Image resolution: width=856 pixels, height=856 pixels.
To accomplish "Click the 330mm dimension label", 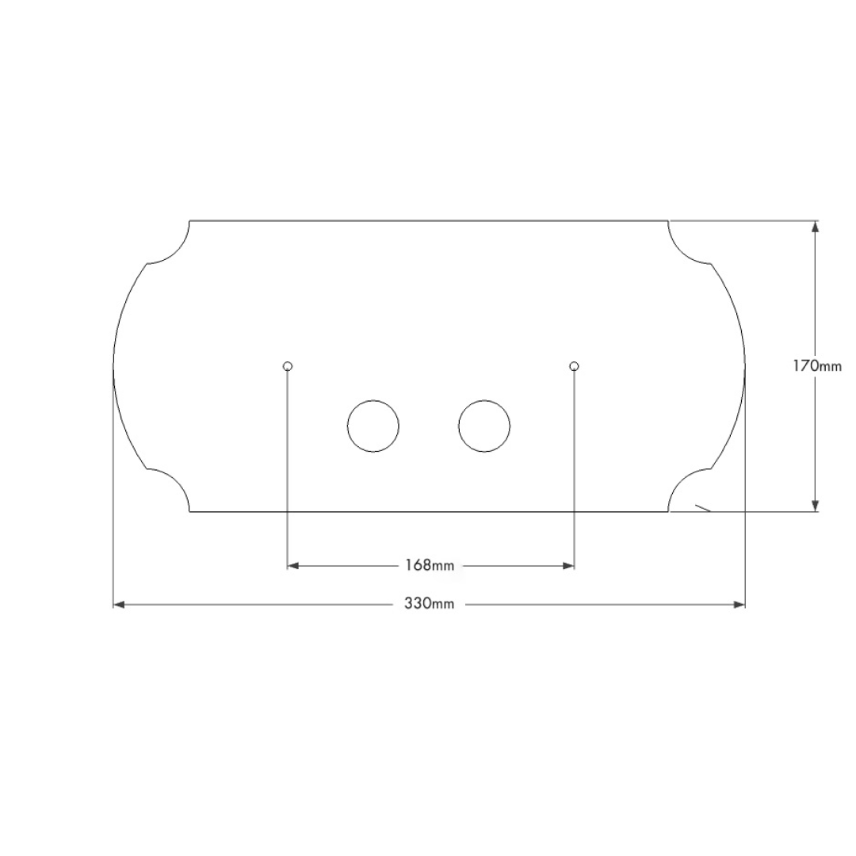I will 430,604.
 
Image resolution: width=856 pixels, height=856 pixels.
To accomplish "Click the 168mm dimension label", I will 430,565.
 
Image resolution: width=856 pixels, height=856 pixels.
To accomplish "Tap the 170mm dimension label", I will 817,365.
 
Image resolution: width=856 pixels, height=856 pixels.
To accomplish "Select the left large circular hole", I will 373,426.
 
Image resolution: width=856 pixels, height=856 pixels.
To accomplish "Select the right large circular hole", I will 484,426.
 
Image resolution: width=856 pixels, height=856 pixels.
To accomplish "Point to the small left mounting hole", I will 288,365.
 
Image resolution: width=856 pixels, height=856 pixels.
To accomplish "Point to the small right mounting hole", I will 574,365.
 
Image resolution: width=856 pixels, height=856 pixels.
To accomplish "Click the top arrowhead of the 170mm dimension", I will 816,227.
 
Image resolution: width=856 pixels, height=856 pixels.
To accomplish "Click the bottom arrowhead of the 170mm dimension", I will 816,505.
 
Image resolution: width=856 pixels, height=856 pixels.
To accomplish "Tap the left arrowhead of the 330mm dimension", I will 120,605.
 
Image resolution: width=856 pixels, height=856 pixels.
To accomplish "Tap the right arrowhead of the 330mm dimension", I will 739,605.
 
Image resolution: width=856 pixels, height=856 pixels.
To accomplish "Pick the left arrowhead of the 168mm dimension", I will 293,565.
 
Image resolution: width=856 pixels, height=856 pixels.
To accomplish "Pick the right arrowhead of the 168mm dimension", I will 567,565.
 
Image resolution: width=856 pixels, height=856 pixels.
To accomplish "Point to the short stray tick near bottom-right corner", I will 702,508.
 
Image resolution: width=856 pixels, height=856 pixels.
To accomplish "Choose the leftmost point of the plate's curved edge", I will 114,366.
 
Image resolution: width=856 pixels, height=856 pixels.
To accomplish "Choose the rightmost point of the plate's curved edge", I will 745,366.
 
